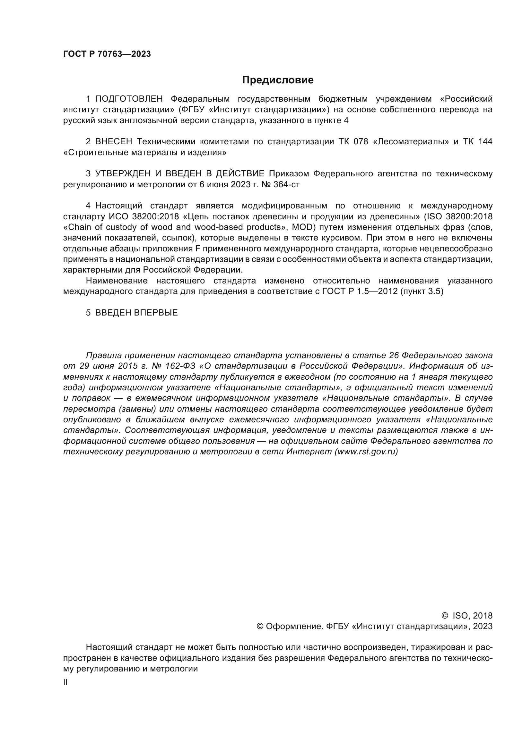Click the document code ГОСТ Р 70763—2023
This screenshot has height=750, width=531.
[x=107, y=54]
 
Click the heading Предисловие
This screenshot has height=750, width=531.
[x=278, y=80]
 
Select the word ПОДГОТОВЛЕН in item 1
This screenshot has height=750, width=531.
[x=129, y=99]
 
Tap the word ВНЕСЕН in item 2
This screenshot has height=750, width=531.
[x=114, y=142]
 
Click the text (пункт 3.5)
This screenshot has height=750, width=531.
[x=422, y=291]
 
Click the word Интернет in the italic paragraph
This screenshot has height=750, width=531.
[x=309, y=452]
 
